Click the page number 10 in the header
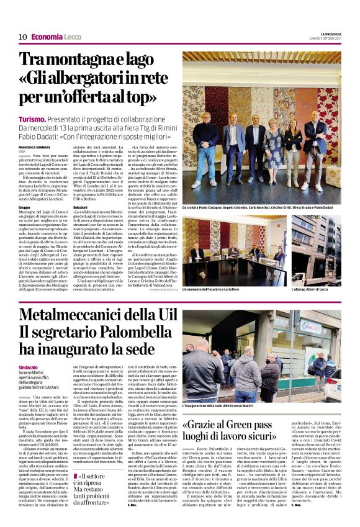coord(22,37)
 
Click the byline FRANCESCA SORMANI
coord(32,147)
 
